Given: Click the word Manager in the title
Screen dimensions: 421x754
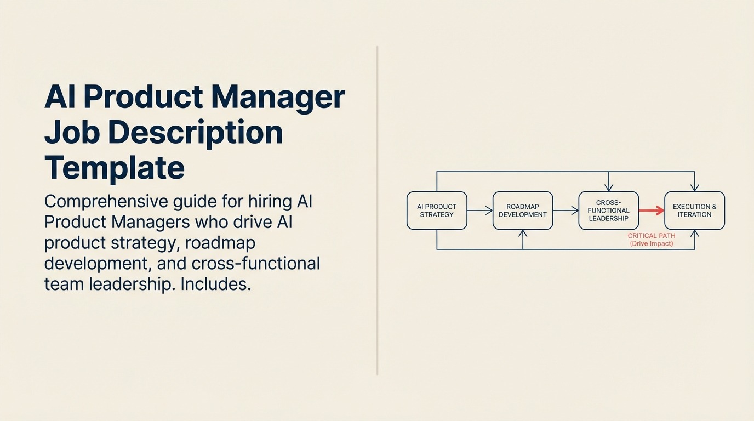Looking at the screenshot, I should point(278,97).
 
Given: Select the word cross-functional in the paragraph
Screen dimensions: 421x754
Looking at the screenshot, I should point(256,264).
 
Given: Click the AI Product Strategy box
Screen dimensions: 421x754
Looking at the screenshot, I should point(437,210).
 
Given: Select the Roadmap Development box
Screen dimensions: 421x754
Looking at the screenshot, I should point(523,210).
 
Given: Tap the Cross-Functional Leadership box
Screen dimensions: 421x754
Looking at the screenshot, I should point(608,210).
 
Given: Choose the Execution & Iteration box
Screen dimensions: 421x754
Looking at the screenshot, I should point(694,210).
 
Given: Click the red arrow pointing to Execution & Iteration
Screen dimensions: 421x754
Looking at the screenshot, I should point(652,210).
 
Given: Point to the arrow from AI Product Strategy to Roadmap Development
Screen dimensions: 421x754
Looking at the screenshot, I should point(480,210).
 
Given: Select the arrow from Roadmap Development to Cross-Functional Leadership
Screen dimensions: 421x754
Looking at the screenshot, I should point(566,210).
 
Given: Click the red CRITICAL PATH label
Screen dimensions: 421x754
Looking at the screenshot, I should point(652,236).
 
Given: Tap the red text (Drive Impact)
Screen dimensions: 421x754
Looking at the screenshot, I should point(652,243).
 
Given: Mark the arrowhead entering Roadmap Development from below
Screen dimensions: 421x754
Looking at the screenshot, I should point(523,234).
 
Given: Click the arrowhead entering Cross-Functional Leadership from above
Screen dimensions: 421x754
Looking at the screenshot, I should point(608,188).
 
